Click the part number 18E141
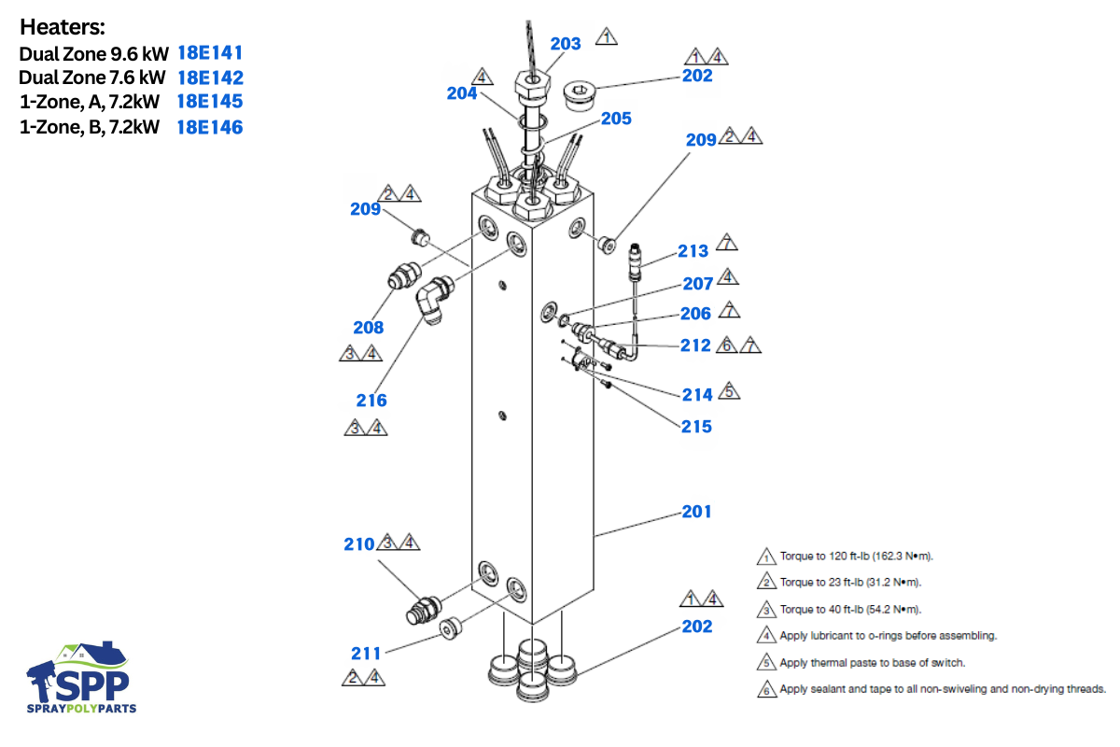click(x=210, y=53)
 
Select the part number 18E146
click(x=210, y=126)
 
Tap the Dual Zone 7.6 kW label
click(x=92, y=78)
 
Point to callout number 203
click(x=566, y=44)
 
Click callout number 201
click(x=696, y=512)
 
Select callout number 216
click(x=371, y=401)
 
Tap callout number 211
click(x=367, y=653)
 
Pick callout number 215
click(x=696, y=427)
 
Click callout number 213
click(x=693, y=251)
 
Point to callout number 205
click(x=616, y=119)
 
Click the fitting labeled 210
click(x=423, y=609)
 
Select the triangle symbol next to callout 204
click(x=482, y=76)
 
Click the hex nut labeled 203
click(x=533, y=90)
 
